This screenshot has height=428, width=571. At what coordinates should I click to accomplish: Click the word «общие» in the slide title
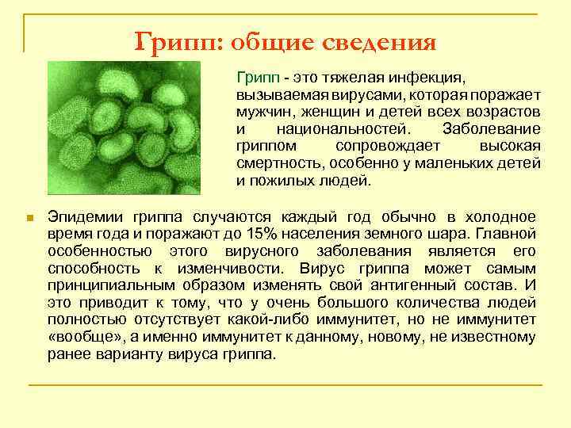tap(271, 40)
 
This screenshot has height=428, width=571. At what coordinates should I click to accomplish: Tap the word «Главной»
tap(507, 234)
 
